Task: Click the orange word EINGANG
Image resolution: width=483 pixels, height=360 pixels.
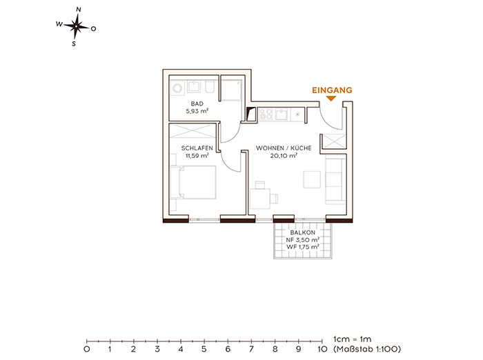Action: pyautogui.click(x=332, y=90)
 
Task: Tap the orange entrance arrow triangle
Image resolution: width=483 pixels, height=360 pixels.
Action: pyautogui.click(x=331, y=99)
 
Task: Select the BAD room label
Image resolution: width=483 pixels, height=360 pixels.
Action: pyautogui.click(x=197, y=103)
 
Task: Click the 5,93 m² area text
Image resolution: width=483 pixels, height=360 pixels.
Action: pyautogui.click(x=197, y=111)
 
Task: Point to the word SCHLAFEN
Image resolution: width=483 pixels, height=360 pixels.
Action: pyautogui.click(x=197, y=148)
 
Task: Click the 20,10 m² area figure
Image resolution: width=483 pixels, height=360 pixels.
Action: pyautogui.click(x=284, y=156)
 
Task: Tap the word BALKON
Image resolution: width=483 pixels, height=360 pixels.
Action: pyautogui.click(x=302, y=232)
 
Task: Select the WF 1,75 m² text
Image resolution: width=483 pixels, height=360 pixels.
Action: pyautogui.click(x=302, y=247)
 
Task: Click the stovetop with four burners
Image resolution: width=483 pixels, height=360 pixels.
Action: pyautogui.click(x=266, y=114)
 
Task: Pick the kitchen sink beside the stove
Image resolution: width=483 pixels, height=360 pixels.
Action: pyautogui.click(x=282, y=114)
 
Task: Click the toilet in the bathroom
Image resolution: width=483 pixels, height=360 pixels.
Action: pyautogui.click(x=210, y=87)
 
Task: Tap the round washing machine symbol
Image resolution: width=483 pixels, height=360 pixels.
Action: pyautogui.click(x=177, y=88)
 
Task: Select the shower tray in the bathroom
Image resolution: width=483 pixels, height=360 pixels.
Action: pyautogui.click(x=231, y=90)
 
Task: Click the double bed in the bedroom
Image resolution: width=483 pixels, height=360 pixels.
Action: pyautogui.click(x=193, y=182)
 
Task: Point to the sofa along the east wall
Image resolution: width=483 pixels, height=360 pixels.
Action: pyautogui.click(x=335, y=180)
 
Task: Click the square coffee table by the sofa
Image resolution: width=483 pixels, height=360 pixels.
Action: pyautogui.click(x=312, y=179)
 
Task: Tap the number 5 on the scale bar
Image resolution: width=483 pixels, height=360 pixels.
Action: pyautogui.click(x=204, y=349)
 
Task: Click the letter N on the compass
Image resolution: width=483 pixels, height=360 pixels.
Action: pyautogui.click(x=79, y=10)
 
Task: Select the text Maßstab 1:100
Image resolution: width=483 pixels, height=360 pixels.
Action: pyautogui.click(x=368, y=349)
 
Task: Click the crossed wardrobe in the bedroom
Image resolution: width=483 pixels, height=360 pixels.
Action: pyautogui.click(x=193, y=130)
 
